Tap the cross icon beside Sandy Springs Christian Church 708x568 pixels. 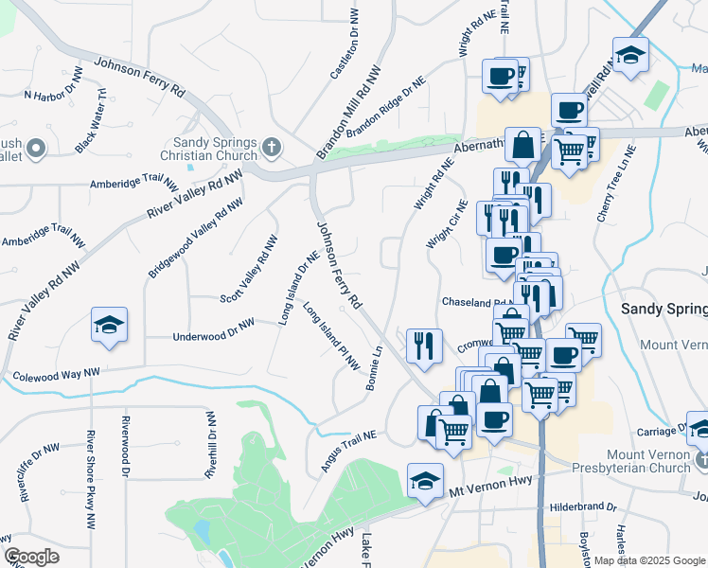[x=272, y=148]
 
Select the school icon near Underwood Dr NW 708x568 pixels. [x=109, y=326]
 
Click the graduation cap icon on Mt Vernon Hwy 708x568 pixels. [x=425, y=481]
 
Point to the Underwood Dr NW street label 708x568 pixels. [x=214, y=330]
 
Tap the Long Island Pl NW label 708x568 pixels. [x=332, y=335]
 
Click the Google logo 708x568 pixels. [x=31, y=557]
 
